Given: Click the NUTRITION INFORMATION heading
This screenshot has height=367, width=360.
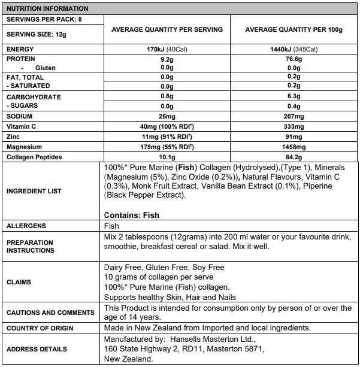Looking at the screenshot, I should [x=47, y=9].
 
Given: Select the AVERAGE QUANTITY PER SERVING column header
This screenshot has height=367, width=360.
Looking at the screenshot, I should [x=167, y=29].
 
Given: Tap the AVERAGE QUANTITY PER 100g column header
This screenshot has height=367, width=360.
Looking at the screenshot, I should [x=294, y=29].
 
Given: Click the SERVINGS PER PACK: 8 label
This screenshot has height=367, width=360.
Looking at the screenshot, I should [x=44, y=19].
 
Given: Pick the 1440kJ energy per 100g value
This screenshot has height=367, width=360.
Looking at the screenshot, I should [x=294, y=49].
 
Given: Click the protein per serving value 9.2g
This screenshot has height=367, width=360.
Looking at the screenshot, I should [x=167, y=59].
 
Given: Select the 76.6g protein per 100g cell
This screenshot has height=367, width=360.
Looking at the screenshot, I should [x=294, y=59].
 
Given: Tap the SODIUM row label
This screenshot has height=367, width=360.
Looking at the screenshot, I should [x=20, y=116].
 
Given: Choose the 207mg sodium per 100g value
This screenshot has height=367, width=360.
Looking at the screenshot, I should [x=294, y=116].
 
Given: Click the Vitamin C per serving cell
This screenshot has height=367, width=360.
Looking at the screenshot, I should [x=167, y=126].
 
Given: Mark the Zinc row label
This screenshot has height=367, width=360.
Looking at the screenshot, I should [x=14, y=137].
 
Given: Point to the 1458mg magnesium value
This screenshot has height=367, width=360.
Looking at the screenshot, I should [x=294, y=147].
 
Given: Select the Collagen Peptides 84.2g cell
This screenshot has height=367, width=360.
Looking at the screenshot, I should [x=294, y=157].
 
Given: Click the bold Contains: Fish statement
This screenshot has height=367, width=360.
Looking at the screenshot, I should [x=132, y=215].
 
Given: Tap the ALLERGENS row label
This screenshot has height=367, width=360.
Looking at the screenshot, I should [x=26, y=226].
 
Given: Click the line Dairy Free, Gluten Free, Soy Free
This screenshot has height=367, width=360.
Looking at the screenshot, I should [x=164, y=268].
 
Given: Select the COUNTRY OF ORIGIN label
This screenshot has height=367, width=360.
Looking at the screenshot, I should [x=40, y=328].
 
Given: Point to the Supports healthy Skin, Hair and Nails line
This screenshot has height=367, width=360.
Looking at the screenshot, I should [x=170, y=297].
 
